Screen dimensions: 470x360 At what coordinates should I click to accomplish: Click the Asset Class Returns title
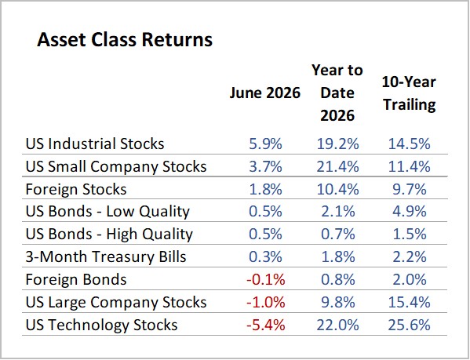125,39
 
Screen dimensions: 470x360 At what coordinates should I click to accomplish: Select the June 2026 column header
265,93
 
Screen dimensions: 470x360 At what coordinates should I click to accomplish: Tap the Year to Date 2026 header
337,93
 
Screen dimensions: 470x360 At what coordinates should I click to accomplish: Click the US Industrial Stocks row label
95,144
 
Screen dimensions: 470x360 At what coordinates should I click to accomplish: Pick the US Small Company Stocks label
116,167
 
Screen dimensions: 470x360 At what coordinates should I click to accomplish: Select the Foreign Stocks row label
76,190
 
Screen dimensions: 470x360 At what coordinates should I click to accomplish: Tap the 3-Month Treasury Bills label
106,257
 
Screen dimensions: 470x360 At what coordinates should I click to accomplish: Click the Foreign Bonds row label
76,280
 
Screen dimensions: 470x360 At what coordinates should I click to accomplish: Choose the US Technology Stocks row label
102,325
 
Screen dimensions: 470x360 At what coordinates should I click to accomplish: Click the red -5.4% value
265,325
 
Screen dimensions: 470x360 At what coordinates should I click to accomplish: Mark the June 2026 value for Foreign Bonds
265,280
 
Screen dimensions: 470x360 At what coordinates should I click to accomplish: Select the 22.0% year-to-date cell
338,325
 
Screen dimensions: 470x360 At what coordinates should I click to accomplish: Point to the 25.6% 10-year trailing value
410,325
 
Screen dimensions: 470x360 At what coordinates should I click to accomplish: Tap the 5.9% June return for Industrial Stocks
265,144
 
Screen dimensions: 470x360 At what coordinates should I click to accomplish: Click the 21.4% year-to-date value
338,167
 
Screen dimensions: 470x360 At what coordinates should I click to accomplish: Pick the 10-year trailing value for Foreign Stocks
410,190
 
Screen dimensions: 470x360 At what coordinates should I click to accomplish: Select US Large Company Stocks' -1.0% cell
265,302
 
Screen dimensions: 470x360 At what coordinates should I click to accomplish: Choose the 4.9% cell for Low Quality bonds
410,212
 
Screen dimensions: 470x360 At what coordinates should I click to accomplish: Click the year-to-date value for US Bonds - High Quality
338,235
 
